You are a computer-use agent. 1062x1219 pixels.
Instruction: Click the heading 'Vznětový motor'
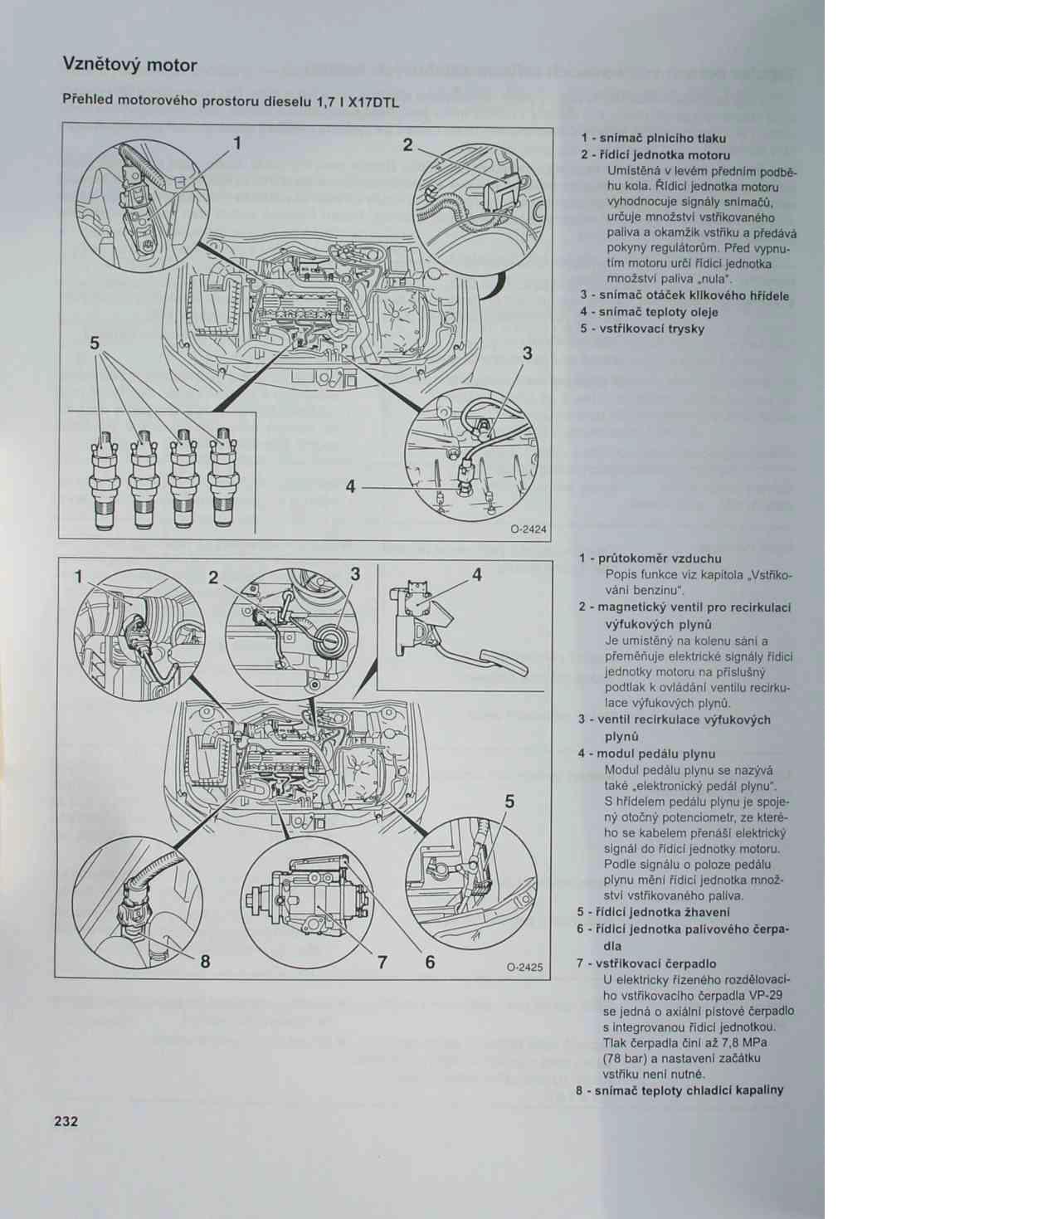[x=129, y=65]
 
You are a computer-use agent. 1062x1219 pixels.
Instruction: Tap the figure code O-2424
[x=528, y=529]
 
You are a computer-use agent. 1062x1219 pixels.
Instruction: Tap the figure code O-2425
[x=525, y=967]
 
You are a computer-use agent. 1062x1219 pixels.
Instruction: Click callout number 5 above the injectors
[x=95, y=342]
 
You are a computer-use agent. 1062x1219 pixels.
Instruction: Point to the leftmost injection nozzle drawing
[x=102, y=479]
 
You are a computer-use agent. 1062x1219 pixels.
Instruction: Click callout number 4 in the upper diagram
[x=351, y=487]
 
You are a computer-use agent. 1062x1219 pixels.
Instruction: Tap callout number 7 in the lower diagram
[x=382, y=963]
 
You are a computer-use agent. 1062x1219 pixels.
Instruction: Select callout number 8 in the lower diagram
[x=205, y=962]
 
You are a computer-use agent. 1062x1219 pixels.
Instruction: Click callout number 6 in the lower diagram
[x=430, y=963]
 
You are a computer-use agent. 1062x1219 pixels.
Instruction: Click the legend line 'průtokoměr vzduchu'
[x=655, y=558]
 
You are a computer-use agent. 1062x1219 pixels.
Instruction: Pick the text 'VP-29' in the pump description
[x=764, y=996]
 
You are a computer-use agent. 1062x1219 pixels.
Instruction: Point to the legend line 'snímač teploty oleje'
[x=655, y=312]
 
